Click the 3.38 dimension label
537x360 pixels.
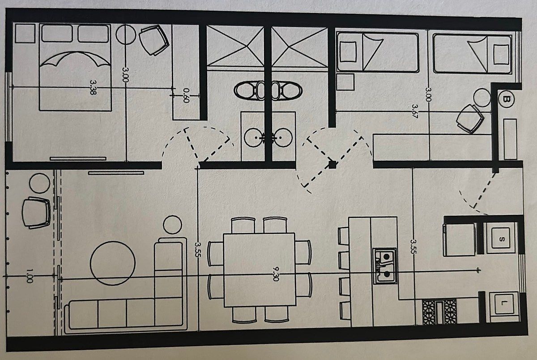(x=93, y=87)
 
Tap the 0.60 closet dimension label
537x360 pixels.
(x=186, y=95)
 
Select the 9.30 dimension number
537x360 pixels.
(x=276, y=274)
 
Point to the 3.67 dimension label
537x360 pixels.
(x=415, y=111)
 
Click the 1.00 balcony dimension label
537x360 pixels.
(x=30, y=275)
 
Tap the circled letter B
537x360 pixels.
(x=506, y=99)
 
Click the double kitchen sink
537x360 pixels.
(x=384, y=266)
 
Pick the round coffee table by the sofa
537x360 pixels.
(x=113, y=263)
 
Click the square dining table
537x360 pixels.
(x=260, y=270)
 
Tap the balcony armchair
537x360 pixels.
(x=36, y=213)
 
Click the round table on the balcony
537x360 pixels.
(x=39, y=183)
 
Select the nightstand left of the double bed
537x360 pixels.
(x=25, y=33)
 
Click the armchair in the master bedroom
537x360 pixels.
(x=154, y=40)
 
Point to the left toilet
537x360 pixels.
(x=249, y=90)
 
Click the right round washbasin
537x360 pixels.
(x=283, y=137)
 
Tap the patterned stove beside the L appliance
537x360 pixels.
(x=439, y=312)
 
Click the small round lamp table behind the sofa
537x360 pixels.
(x=172, y=224)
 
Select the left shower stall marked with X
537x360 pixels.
(x=235, y=46)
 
